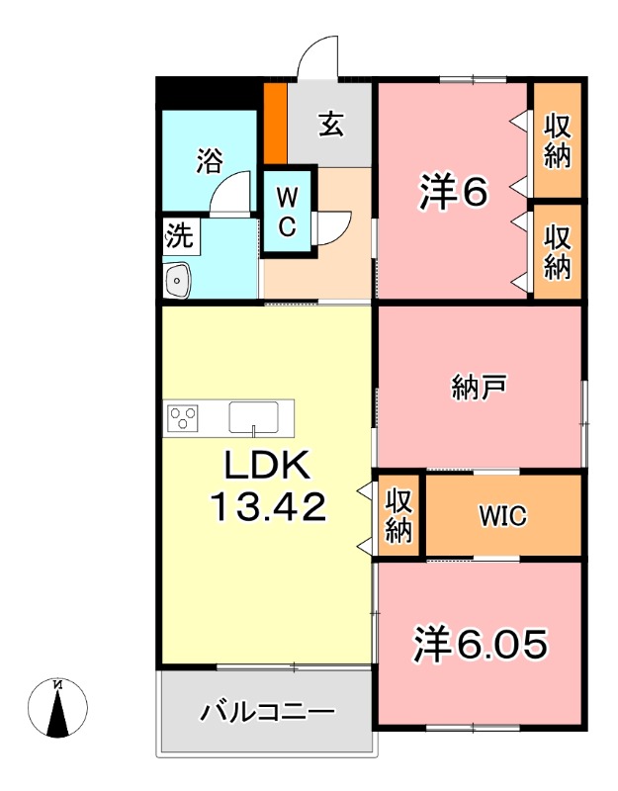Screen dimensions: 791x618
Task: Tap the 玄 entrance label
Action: tap(331, 127)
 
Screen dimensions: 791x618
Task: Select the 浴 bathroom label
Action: tap(209, 160)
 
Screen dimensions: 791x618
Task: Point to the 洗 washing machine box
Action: tap(179, 236)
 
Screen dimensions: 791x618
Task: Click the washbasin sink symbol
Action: tap(178, 281)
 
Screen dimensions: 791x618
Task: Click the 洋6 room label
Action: tap(453, 194)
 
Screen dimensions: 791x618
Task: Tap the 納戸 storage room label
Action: tap(479, 387)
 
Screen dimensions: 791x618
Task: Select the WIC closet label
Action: tap(502, 515)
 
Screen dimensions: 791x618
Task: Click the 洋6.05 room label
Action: tap(480, 645)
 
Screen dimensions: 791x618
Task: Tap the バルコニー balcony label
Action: tap(268, 712)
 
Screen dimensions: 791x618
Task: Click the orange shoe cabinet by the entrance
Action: tap(275, 125)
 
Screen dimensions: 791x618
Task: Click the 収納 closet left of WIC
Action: tap(398, 515)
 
